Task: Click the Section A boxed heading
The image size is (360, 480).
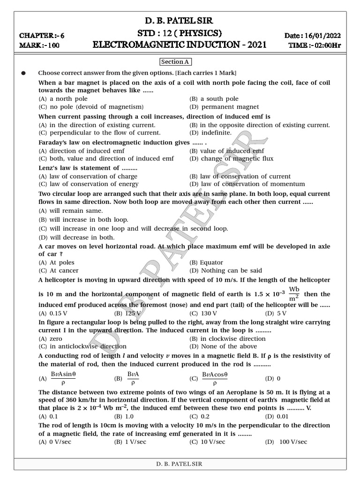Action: pyautogui.click(x=176, y=62)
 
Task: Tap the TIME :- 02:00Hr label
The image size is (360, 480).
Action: pyautogui.click(x=315, y=45)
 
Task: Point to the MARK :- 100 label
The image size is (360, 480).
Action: pyautogui.click(x=39, y=45)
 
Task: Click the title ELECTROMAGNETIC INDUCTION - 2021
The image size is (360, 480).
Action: pyautogui.click(x=180, y=45)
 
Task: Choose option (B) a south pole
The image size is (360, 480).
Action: pyautogui.click(x=214, y=99)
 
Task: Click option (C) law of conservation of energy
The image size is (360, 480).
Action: pyautogui.click(x=88, y=184)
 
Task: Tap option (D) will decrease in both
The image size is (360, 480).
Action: pyautogui.click(x=76, y=238)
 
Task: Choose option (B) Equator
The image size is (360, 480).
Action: pyautogui.click(x=206, y=262)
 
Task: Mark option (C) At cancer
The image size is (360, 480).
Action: pyautogui.click(x=59, y=270)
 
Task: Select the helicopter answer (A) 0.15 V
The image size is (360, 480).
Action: pyautogui.click(x=52, y=313)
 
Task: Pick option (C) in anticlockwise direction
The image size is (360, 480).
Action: pyautogui.click(x=82, y=346)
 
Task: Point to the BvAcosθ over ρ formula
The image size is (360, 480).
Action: pyautogui.click(x=214, y=378)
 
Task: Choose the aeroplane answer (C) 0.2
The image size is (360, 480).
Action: pyautogui.click(x=199, y=416)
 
